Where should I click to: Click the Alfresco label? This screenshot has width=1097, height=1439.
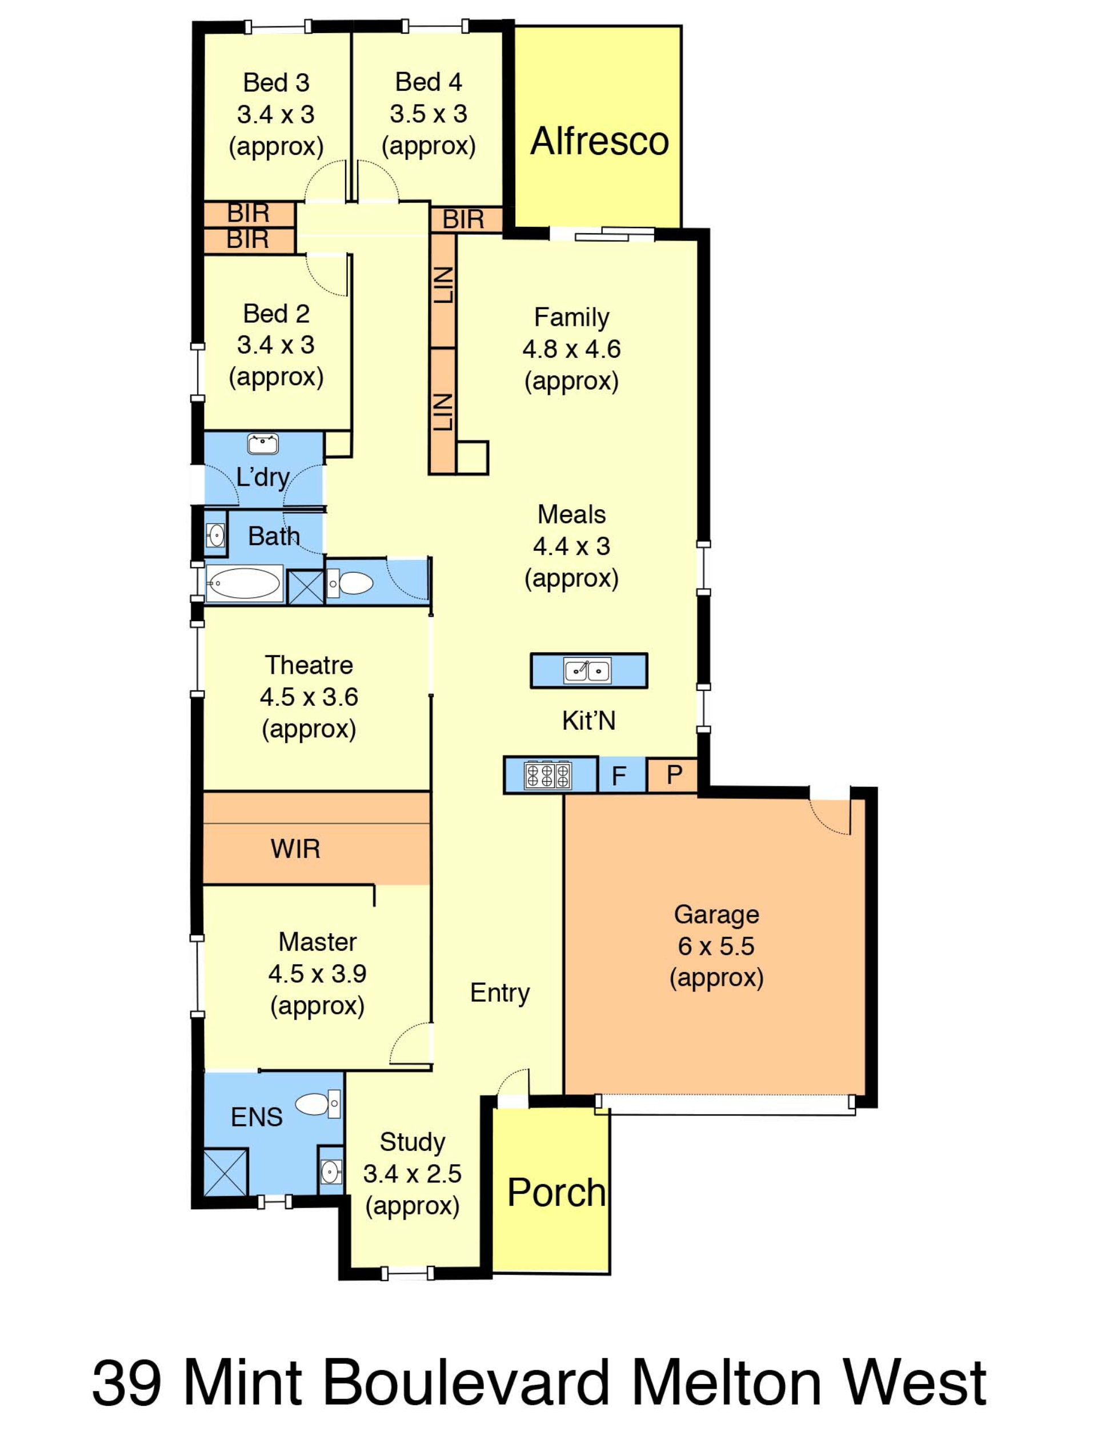(599, 141)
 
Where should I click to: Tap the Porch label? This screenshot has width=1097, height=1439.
(556, 1192)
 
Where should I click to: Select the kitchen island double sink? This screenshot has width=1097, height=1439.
(588, 670)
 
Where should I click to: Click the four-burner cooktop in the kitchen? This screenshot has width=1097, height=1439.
(548, 776)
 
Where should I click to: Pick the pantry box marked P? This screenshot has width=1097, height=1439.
(672, 776)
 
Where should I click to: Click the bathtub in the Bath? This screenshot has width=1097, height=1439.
(243, 583)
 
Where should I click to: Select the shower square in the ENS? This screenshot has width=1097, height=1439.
(225, 1173)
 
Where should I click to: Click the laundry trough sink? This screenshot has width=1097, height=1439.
(262, 444)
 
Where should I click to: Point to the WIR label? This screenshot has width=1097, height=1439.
(295, 849)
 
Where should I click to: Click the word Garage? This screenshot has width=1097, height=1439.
(716, 915)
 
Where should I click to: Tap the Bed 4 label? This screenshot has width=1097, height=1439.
(429, 82)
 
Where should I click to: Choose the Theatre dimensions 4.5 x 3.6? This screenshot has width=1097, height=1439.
(309, 697)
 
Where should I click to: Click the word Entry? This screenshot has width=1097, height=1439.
(499, 993)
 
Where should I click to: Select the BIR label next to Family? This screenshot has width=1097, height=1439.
(463, 219)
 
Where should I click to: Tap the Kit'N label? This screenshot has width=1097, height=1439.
(588, 721)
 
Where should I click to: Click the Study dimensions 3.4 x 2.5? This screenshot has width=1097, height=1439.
(412, 1174)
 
